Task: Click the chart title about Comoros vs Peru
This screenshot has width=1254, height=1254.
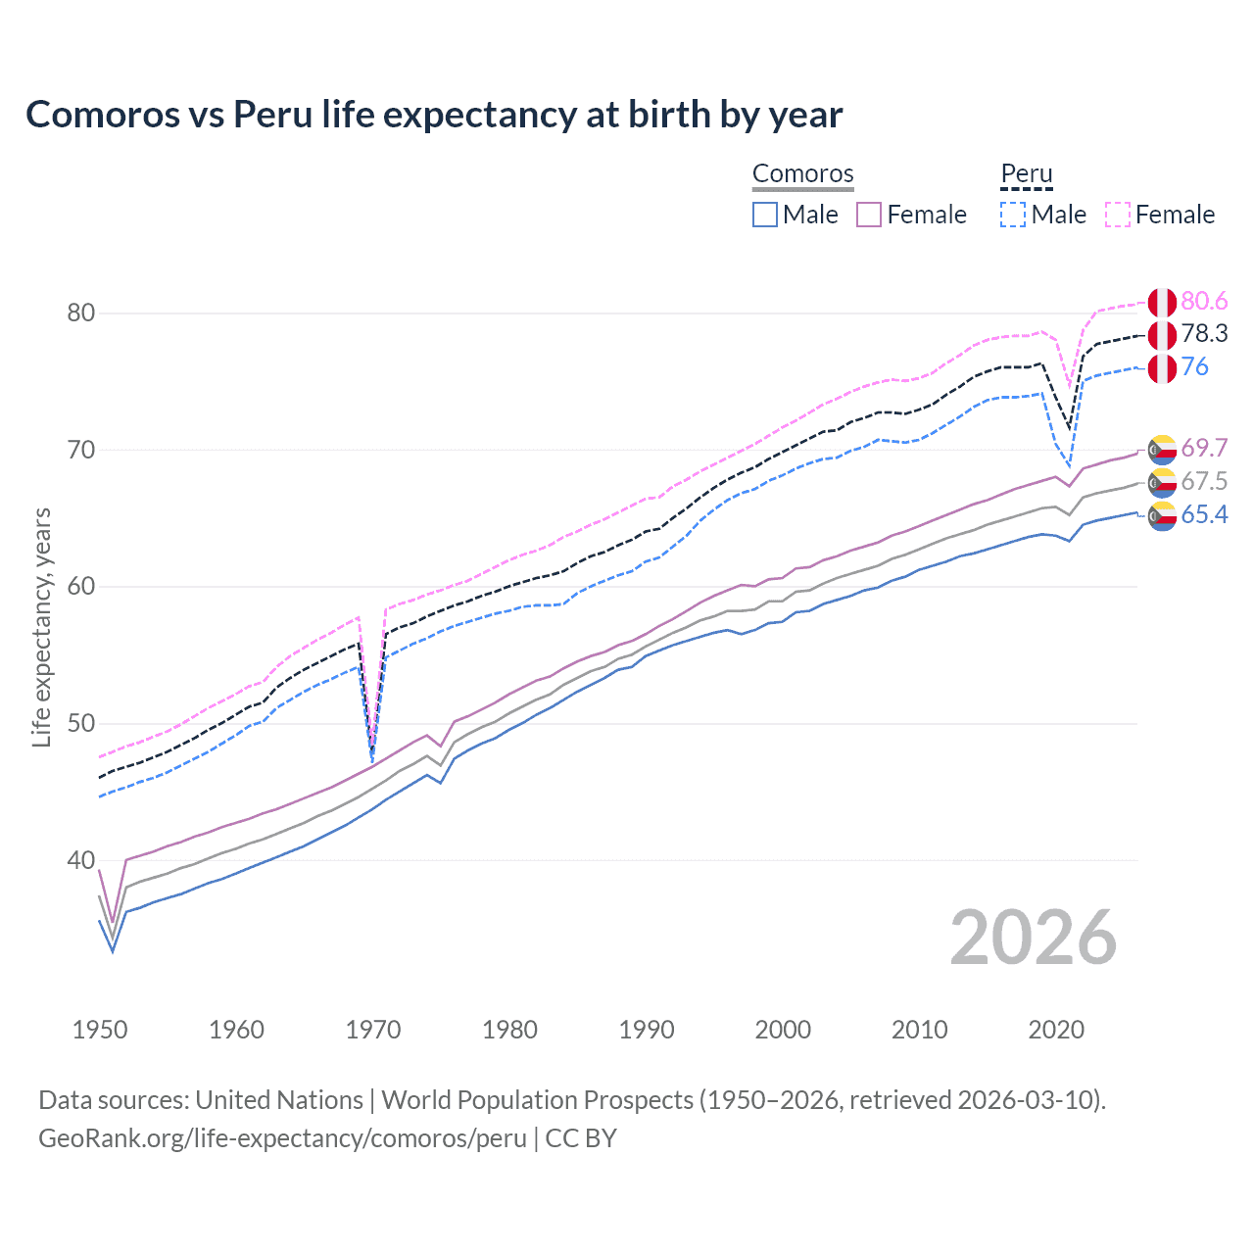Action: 434,115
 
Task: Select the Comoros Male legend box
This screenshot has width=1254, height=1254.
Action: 765,215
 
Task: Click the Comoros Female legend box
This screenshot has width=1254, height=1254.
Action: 869,215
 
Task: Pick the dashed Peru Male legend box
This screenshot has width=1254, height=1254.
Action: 1013,215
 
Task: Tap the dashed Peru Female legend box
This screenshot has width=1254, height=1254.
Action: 1118,215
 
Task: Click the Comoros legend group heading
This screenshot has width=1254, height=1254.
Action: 802,173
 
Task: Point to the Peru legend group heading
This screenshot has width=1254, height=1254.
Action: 1026,173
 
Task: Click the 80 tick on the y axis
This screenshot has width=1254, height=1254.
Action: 81,313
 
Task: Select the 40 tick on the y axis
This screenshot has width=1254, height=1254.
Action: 81,860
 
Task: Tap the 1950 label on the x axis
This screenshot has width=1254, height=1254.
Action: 100,1030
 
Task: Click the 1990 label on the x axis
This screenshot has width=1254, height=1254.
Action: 647,1030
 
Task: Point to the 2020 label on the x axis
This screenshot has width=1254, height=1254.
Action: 1056,1030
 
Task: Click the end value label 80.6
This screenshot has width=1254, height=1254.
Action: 1204,301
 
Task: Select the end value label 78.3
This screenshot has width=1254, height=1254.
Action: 1204,334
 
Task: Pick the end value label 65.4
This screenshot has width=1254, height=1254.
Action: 1204,515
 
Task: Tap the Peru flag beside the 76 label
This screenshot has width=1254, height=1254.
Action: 1162,368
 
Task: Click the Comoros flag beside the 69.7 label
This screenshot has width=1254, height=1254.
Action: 1162,450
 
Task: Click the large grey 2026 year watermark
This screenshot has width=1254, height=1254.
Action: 1034,938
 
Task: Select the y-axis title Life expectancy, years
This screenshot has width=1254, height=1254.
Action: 41,627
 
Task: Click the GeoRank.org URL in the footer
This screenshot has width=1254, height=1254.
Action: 282,1138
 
